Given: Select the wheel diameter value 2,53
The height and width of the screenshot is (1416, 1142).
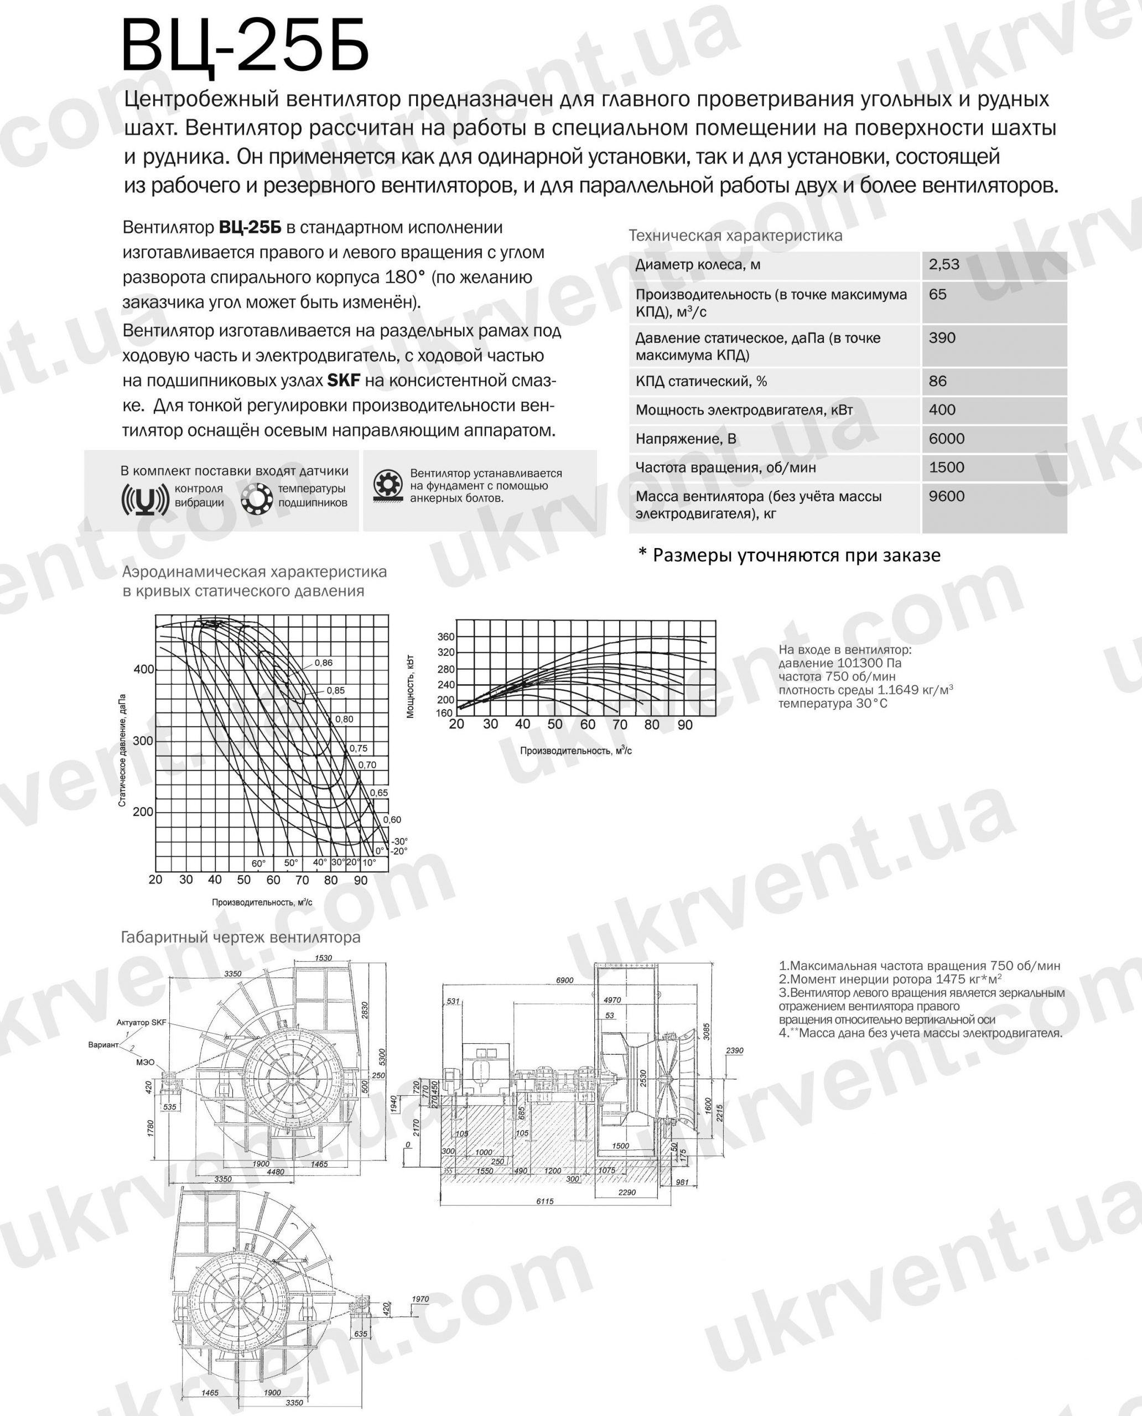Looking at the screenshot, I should [x=944, y=264].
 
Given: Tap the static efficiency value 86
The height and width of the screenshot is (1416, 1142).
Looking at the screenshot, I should [x=938, y=381].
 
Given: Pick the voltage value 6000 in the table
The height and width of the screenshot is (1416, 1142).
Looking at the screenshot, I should [x=947, y=439].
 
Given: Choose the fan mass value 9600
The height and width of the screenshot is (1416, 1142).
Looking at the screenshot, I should [x=947, y=496].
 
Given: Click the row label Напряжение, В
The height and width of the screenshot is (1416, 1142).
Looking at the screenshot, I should [x=686, y=439].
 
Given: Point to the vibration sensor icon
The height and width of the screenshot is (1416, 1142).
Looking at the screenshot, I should [x=142, y=501].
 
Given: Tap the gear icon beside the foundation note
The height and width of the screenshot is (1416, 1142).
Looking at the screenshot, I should [x=387, y=486].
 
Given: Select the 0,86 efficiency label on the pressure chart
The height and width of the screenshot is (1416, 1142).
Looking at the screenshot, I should [x=324, y=663].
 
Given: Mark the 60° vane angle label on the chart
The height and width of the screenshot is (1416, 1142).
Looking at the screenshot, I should [x=258, y=863].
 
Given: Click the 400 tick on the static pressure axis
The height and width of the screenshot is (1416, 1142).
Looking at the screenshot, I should [x=143, y=669].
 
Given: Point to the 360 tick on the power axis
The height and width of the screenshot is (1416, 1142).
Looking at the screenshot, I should [x=445, y=637].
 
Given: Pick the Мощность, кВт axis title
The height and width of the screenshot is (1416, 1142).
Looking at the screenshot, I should [x=411, y=686].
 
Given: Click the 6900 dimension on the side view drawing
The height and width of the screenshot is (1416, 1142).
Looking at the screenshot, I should [x=564, y=981].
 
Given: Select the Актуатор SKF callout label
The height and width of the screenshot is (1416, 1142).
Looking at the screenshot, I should [x=141, y=1023].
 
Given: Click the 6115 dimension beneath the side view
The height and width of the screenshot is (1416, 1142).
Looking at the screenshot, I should [x=544, y=1201].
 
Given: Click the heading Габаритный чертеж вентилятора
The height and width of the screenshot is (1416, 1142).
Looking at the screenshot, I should [x=241, y=937].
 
